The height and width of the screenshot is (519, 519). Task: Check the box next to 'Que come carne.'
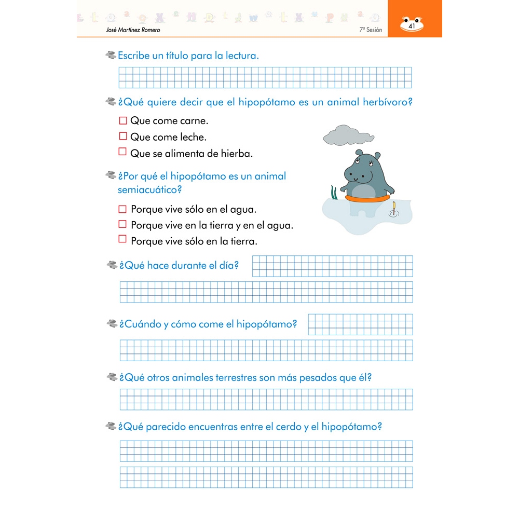[x=123, y=120]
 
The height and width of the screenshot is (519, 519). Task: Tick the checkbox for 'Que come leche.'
[x=123, y=136]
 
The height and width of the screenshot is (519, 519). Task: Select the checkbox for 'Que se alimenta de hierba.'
[x=123, y=152]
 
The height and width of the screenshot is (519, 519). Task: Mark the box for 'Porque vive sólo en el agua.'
[x=122, y=209]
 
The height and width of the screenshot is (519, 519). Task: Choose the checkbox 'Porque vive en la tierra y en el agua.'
[x=122, y=224]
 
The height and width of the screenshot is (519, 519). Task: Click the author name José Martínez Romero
[x=132, y=30]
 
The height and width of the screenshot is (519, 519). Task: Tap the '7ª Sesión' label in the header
[x=370, y=30]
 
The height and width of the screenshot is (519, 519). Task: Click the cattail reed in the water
[x=394, y=208]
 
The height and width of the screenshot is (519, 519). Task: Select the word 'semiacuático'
[x=149, y=190]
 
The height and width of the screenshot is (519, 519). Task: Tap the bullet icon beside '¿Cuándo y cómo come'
[x=112, y=324]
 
